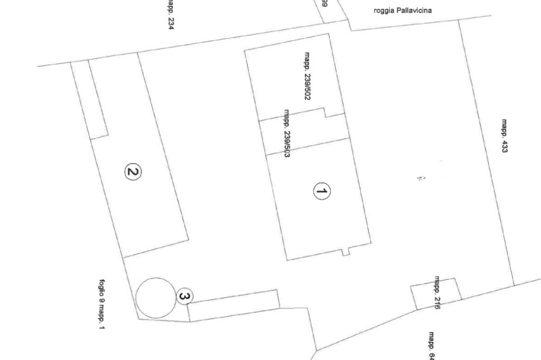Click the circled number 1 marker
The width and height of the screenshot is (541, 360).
(322, 192)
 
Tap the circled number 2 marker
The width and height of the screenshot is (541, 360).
(133, 172)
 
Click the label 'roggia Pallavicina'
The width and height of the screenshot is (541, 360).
(403, 10)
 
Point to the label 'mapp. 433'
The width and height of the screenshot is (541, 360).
(505, 136)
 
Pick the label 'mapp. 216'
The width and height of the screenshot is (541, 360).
(437, 292)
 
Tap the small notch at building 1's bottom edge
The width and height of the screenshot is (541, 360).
(346, 252)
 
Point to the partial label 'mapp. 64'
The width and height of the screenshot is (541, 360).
(432, 346)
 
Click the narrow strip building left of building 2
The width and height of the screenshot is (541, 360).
(89, 99)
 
